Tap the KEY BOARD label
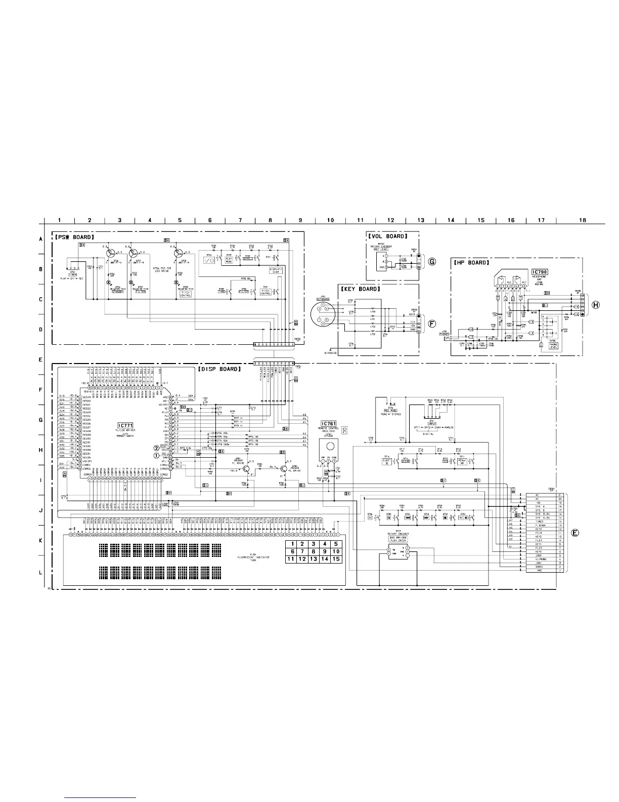[360, 289]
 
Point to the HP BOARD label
[470, 263]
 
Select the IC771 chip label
[125, 425]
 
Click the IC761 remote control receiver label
[329, 423]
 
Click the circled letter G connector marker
[432, 262]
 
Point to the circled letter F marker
[432, 324]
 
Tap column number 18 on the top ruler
[583, 220]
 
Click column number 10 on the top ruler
[330, 220]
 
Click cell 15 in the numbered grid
[337, 559]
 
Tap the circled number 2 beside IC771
[157, 448]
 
